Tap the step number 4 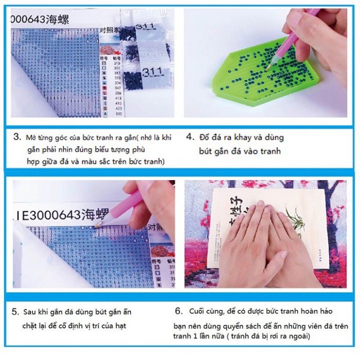coord(190,138)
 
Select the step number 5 coord(16,312)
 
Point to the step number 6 coord(178,311)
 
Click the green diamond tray coord(242,77)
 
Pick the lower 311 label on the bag coord(154,70)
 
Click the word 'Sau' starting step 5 coord(30,313)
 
